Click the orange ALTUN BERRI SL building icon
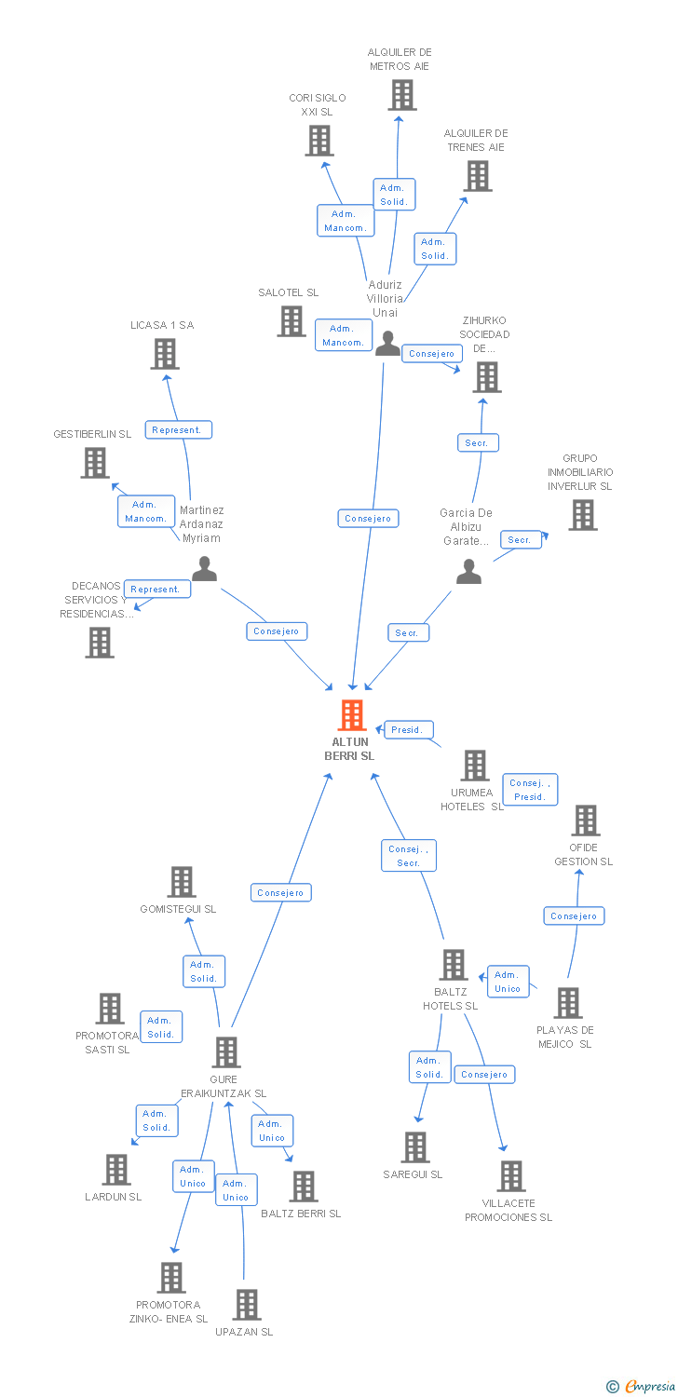[x=351, y=715]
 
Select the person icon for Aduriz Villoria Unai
[x=386, y=344]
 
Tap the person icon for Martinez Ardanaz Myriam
[x=204, y=569]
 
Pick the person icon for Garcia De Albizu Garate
[x=469, y=572]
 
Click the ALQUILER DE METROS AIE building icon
[x=401, y=95]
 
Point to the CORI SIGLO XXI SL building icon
[x=319, y=141]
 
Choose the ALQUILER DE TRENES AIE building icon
[x=478, y=176]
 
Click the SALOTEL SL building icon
[x=292, y=321]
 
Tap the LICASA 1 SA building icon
[x=165, y=354]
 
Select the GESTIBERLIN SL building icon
[x=95, y=463]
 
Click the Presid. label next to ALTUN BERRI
[x=408, y=730]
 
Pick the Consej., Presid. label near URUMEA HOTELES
[x=530, y=790]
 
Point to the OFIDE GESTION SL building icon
[x=585, y=821]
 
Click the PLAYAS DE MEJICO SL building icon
[x=567, y=1003]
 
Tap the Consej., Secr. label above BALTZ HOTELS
[x=408, y=856]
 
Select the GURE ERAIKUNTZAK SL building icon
[x=226, y=1052]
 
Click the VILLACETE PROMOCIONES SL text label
[x=508, y=1210]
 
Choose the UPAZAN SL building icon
[x=247, y=1305]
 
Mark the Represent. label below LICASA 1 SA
[x=177, y=429]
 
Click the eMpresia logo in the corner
[x=643, y=1387]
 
